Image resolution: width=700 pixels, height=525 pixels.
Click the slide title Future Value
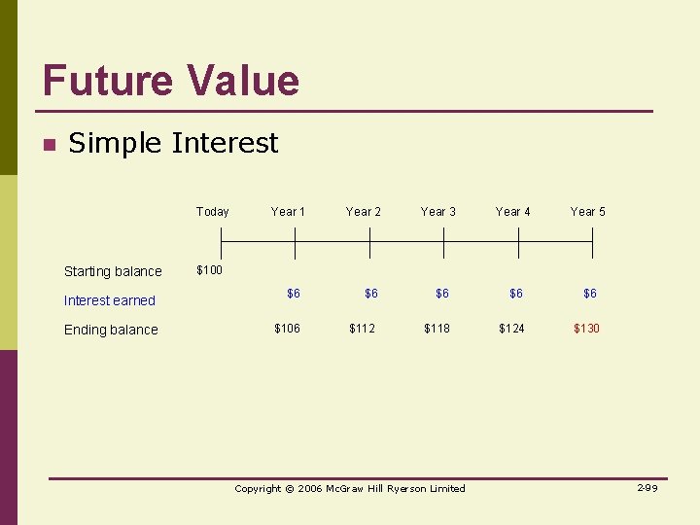(171, 80)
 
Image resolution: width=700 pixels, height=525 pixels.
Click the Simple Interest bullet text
(173, 143)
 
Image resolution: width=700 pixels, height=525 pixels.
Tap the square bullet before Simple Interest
(48, 146)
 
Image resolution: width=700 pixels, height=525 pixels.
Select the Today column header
(212, 211)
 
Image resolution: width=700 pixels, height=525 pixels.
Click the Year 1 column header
(288, 211)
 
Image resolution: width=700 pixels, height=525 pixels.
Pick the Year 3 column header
(437, 211)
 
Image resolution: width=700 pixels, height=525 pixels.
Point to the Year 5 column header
(587, 211)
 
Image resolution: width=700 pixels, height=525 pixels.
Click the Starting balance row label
(113, 271)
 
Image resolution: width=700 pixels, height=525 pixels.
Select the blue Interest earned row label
(109, 300)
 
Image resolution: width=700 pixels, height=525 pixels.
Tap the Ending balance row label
(111, 330)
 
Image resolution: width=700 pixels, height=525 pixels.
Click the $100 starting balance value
(209, 269)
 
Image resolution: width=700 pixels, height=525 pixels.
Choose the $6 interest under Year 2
(371, 293)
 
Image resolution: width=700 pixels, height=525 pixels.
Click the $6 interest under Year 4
(515, 293)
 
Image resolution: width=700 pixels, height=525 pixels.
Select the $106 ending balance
(287, 329)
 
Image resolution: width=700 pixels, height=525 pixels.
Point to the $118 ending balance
(437, 329)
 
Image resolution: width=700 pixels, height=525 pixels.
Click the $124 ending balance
(511, 329)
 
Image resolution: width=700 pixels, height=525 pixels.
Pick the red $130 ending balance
(586, 329)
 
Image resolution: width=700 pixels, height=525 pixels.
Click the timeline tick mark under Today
(222, 242)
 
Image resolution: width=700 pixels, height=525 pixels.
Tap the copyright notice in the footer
(350, 488)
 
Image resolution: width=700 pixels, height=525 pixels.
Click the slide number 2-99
(647, 487)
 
